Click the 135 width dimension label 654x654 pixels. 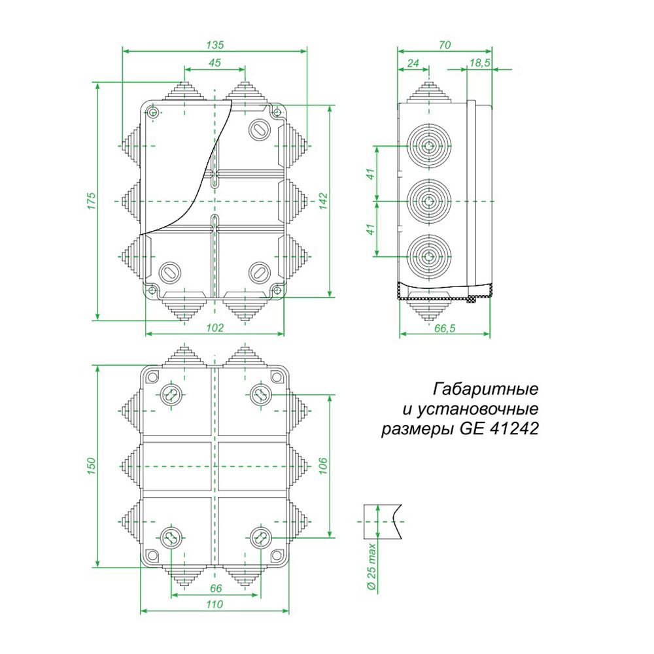(215, 45)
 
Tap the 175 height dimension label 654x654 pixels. (92, 201)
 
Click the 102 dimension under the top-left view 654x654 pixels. (215, 328)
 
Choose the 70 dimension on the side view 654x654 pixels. (445, 45)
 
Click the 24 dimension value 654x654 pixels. (413, 63)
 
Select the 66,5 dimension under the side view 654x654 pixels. (445, 328)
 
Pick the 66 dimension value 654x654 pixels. (215, 589)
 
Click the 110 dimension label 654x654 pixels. (215, 605)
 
